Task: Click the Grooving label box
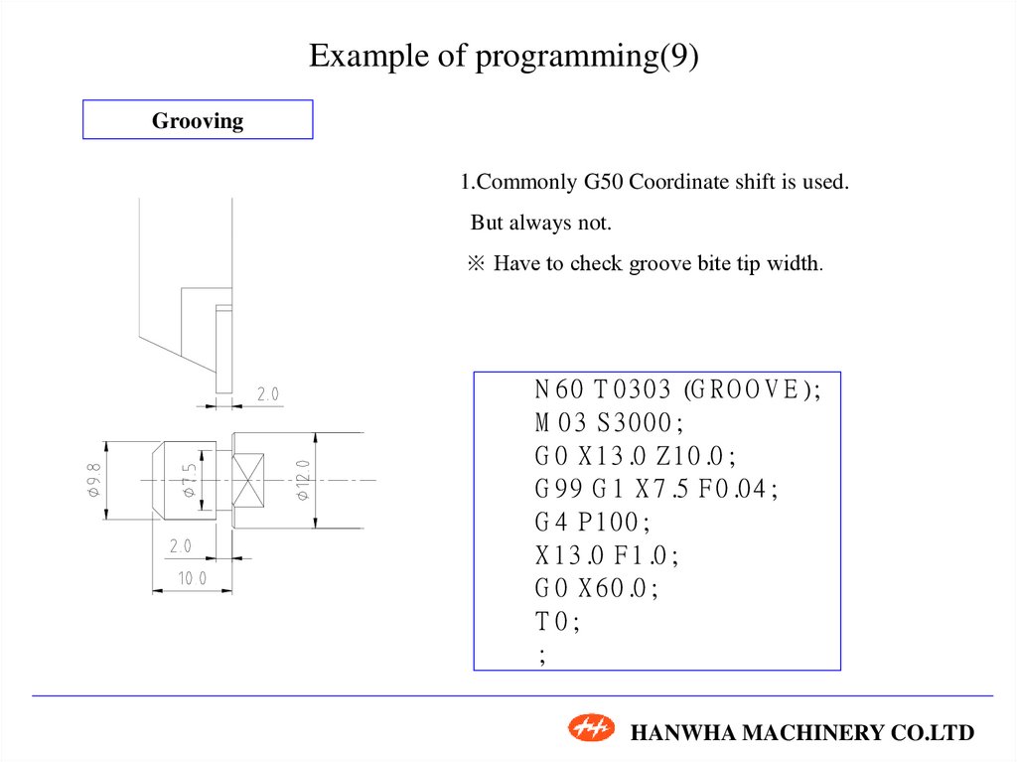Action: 198,120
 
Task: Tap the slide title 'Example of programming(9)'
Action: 504,56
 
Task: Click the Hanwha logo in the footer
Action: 592,729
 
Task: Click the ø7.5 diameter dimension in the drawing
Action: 188,480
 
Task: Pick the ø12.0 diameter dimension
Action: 303,480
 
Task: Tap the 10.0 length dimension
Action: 191,578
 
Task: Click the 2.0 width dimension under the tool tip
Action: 268,394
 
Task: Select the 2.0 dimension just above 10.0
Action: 180,545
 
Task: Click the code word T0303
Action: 633,389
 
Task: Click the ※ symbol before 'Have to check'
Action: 476,264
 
